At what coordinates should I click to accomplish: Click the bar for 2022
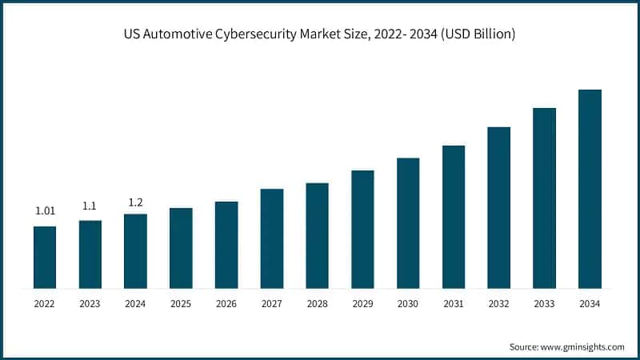[x=45, y=257]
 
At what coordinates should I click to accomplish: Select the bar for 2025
[x=181, y=247]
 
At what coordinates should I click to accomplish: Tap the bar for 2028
[x=317, y=235]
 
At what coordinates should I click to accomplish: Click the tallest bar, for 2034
[x=590, y=188]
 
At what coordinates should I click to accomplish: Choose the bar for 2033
[x=544, y=198]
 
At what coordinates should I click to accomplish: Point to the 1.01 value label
[x=45, y=211]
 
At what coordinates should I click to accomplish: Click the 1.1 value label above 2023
[x=90, y=206]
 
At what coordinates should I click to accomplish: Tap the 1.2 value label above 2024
[x=135, y=202]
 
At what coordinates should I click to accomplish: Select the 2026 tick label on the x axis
[x=226, y=304]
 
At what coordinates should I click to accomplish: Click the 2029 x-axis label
[x=362, y=304]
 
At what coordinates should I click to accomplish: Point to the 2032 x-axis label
[x=498, y=304]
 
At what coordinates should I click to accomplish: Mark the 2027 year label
[x=272, y=304]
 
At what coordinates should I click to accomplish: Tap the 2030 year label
[x=408, y=304]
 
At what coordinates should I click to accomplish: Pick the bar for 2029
[x=362, y=229]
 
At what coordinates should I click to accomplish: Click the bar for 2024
[x=135, y=250]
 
